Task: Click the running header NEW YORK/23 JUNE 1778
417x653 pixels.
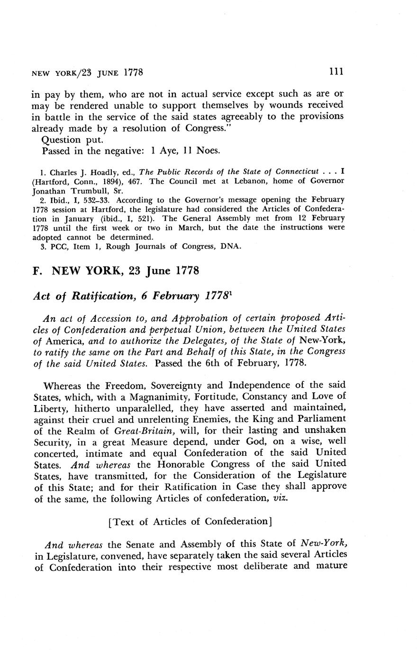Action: coord(87,73)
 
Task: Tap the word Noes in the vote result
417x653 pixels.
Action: coord(207,151)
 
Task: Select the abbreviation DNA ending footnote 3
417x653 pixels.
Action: coord(231,246)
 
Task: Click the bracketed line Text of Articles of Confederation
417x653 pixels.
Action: coord(190,521)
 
